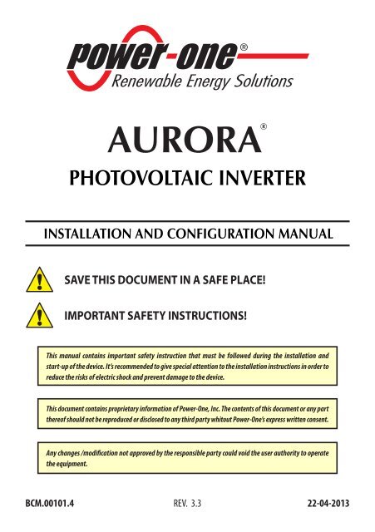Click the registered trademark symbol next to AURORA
pos(263,127)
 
